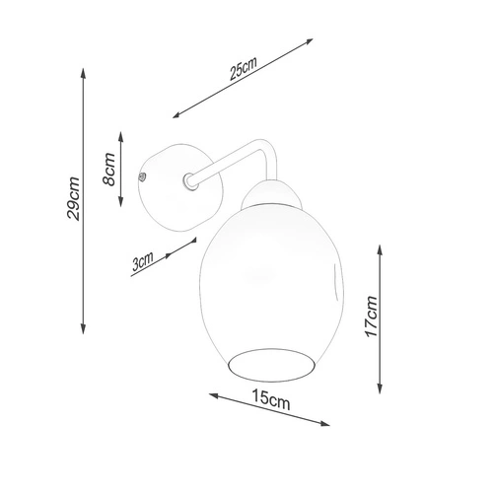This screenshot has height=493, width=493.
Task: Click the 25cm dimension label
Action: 243,70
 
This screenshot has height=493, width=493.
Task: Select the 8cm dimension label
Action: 110,169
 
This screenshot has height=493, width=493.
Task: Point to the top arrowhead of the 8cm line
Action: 121,133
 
